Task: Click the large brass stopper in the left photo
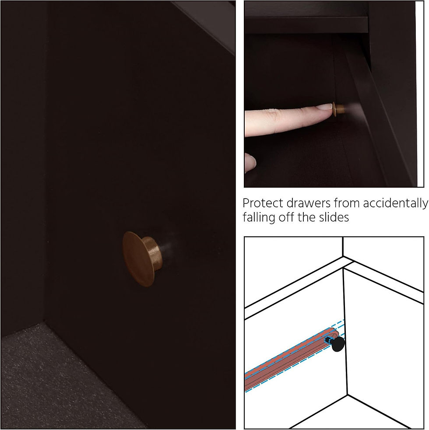[141, 259]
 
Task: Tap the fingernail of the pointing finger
[325, 107]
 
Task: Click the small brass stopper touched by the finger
[338, 108]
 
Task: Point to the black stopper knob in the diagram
[338, 344]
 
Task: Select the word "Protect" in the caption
[263, 203]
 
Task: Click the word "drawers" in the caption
[309, 203]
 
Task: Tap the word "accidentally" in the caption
[395, 203]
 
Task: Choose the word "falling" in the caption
[259, 217]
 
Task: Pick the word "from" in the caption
[347, 203]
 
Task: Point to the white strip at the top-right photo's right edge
[420, 94]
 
